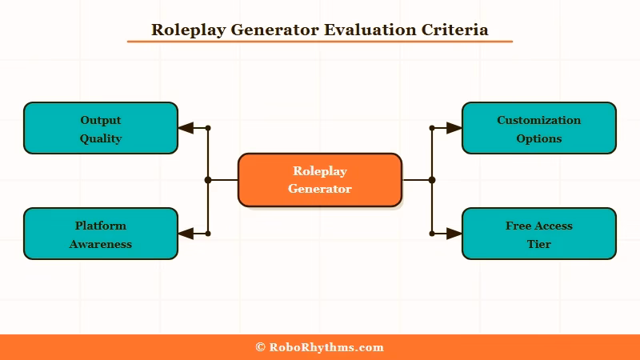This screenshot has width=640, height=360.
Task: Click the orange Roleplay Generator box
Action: click(320, 180)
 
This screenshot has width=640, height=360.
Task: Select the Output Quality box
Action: click(101, 128)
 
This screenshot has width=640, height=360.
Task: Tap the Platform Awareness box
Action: click(101, 234)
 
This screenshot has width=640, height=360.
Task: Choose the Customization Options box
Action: click(539, 128)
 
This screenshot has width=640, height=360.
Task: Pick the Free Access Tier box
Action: click(539, 234)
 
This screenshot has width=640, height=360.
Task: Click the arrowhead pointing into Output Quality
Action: click(186, 128)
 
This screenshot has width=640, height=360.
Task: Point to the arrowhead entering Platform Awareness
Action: click(186, 234)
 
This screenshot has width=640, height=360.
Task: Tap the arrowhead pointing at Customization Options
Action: click(454, 128)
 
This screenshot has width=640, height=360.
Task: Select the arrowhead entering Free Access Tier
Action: click(454, 234)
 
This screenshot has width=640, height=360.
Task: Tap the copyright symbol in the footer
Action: click(260, 347)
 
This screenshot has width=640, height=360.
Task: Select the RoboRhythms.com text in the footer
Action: click(326, 347)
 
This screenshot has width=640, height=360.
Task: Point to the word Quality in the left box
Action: click(101, 138)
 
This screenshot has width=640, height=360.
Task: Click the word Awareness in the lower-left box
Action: click(101, 244)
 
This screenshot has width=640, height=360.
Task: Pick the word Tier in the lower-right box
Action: click(539, 244)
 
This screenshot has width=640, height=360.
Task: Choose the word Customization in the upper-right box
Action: click(539, 120)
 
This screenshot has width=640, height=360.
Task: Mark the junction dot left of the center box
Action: click(208, 180)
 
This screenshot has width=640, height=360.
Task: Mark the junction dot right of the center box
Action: click(432, 180)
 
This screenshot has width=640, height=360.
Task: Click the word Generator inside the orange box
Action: click(320, 189)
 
